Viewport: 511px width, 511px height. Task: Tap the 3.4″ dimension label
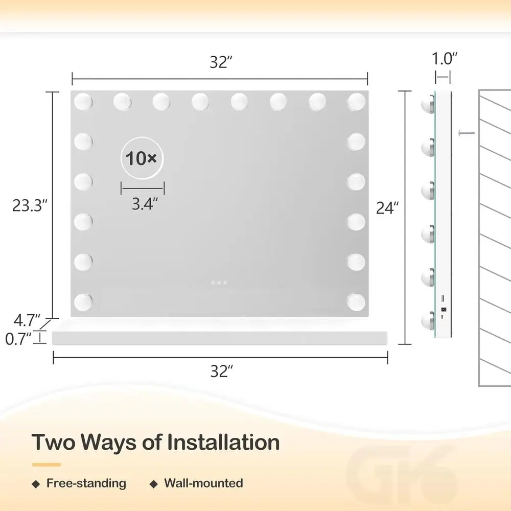[x=142, y=204]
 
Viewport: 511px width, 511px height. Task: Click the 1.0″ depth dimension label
[x=443, y=58]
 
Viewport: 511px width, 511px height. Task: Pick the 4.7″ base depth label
[x=26, y=320]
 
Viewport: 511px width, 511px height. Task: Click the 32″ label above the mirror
[x=221, y=62]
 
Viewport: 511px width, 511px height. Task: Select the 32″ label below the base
[x=221, y=371]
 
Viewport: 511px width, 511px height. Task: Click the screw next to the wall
[x=466, y=132]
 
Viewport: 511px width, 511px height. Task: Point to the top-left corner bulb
[x=83, y=102]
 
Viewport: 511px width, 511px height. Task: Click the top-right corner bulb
[x=356, y=102]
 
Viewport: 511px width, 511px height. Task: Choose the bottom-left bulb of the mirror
[x=83, y=301]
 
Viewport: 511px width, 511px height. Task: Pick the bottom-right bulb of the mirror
[x=356, y=301]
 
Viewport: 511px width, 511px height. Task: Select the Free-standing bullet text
[x=86, y=483]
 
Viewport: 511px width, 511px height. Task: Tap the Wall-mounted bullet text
[x=203, y=483]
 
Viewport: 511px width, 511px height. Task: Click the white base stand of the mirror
[x=220, y=338]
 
